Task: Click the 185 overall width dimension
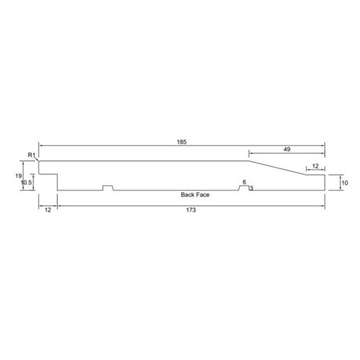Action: (181, 142)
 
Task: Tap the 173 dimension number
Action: (191, 210)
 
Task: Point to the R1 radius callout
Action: (31, 156)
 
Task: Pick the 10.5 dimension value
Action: (27, 183)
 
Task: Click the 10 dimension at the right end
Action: (344, 183)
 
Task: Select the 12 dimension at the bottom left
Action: (48, 210)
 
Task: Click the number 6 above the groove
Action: (244, 182)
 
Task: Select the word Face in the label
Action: (204, 195)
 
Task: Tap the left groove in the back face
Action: (108, 188)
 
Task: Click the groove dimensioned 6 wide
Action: (244, 188)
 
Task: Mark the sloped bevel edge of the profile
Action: (277, 168)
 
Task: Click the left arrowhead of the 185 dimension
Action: (41, 146)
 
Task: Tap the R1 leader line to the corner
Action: (36, 159)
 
